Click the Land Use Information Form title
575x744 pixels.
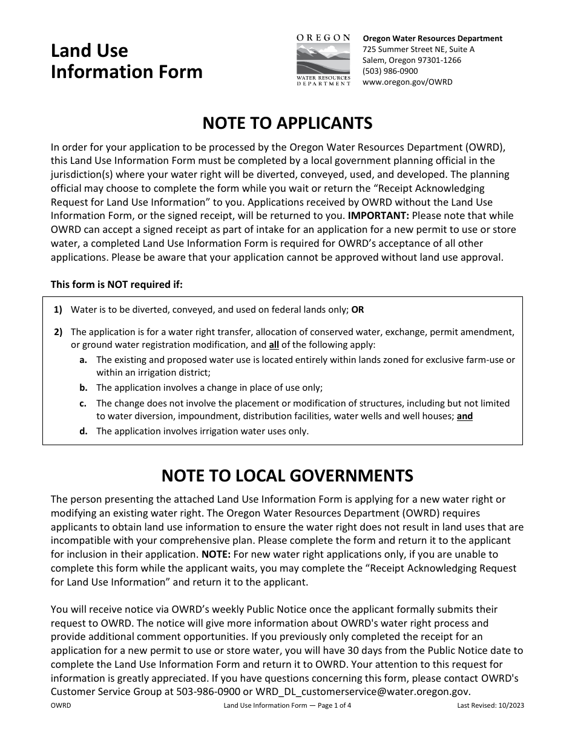(126, 61)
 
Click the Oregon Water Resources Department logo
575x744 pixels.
(323, 60)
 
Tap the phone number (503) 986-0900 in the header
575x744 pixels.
(390, 71)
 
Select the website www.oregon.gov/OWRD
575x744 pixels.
(407, 82)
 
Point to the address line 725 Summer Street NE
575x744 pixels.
(418, 50)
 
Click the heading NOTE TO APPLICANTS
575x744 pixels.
(287, 123)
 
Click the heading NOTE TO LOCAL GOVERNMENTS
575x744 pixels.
(287, 475)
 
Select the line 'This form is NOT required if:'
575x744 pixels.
(116, 284)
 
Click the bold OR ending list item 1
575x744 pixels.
(358, 310)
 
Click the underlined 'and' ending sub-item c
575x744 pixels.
(465, 416)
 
